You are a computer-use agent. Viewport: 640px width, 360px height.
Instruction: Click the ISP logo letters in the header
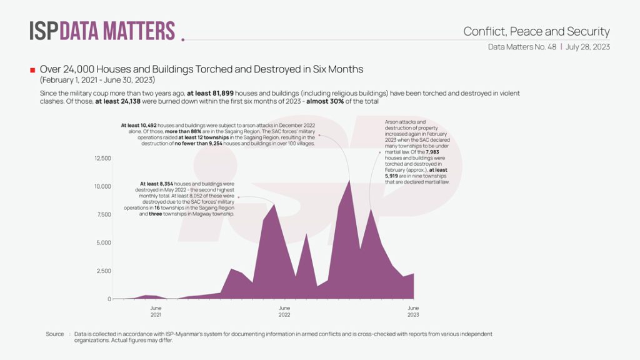point(44,31)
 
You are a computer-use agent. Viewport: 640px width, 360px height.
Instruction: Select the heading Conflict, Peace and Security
point(536,31)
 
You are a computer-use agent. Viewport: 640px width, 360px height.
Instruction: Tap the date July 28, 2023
point(588,46)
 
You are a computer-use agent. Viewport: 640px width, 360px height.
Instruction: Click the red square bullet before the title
point(32,69)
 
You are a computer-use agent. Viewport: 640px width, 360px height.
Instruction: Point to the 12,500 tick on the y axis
point(102,158)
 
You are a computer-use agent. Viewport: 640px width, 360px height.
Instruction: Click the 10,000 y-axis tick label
point(102,186)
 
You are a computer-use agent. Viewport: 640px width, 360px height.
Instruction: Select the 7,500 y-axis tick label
point(103,214)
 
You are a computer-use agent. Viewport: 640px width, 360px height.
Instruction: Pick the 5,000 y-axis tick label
point(103,242)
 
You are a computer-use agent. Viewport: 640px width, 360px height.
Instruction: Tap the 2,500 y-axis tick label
point(103,271)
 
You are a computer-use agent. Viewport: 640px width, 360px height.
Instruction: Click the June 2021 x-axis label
point(156,311)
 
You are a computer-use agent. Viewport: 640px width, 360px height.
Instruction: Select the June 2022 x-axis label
point(284,311)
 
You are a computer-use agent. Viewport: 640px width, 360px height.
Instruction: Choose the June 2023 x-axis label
point(413,311)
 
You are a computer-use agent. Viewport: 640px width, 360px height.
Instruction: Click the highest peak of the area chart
point(349,181)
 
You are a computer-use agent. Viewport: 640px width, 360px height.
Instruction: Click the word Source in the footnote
point(55,334)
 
